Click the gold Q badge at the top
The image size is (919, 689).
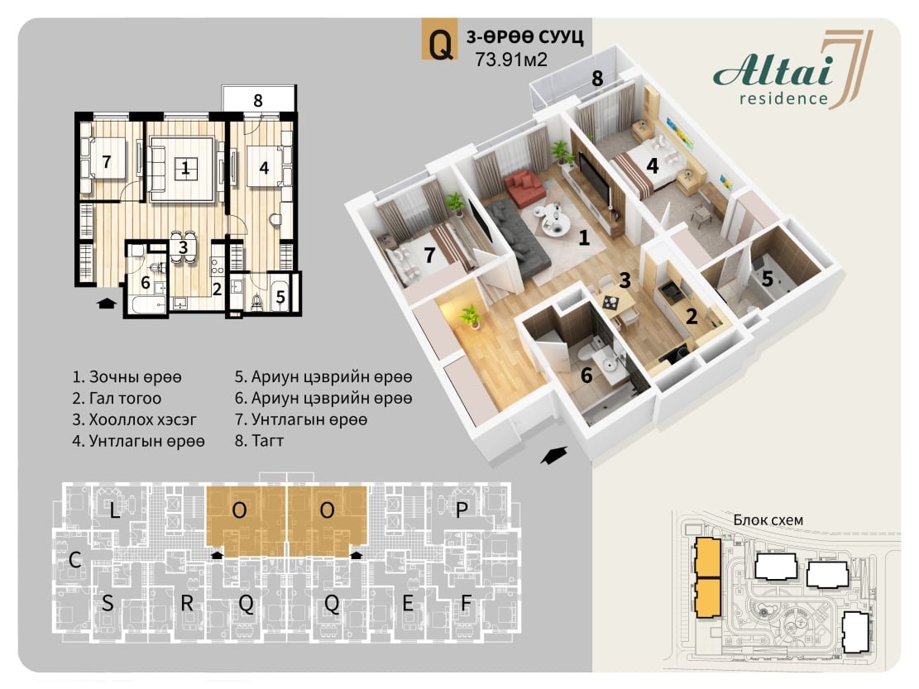coord(440,40)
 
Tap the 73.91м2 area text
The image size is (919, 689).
coord(511,60)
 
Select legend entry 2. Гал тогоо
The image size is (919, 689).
coord(117,399)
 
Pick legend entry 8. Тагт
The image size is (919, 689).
coord(259,441)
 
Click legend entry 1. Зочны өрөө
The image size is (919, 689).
coord(127,376)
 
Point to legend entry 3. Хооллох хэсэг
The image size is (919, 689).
coord(134,419)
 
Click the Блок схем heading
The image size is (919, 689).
coord(768,519)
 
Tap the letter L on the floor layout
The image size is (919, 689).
coord(114,510)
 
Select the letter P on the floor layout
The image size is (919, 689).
coord(462,510)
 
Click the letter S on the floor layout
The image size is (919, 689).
coord(108,602)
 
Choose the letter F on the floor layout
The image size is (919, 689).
coord(466,602)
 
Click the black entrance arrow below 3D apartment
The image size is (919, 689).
coord(553,455)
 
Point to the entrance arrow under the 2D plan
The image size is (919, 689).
coord(105,303)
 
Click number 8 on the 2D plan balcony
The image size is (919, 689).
coord(258,101)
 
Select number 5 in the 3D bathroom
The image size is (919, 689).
coord(767,279)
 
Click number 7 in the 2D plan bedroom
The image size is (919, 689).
coord(106,161)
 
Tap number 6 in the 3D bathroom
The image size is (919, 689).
coord(586,375)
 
